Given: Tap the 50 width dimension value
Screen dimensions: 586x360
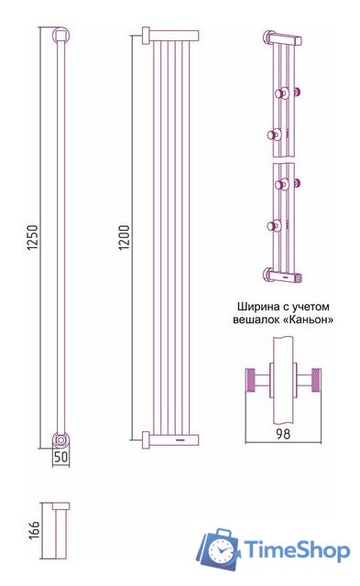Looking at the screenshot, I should pos(60,456).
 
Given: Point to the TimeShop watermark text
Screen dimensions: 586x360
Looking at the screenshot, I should pos(294,550).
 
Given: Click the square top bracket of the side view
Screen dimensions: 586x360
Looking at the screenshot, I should pos(61,36).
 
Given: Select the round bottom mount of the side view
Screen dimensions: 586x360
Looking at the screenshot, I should pos(61,439).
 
